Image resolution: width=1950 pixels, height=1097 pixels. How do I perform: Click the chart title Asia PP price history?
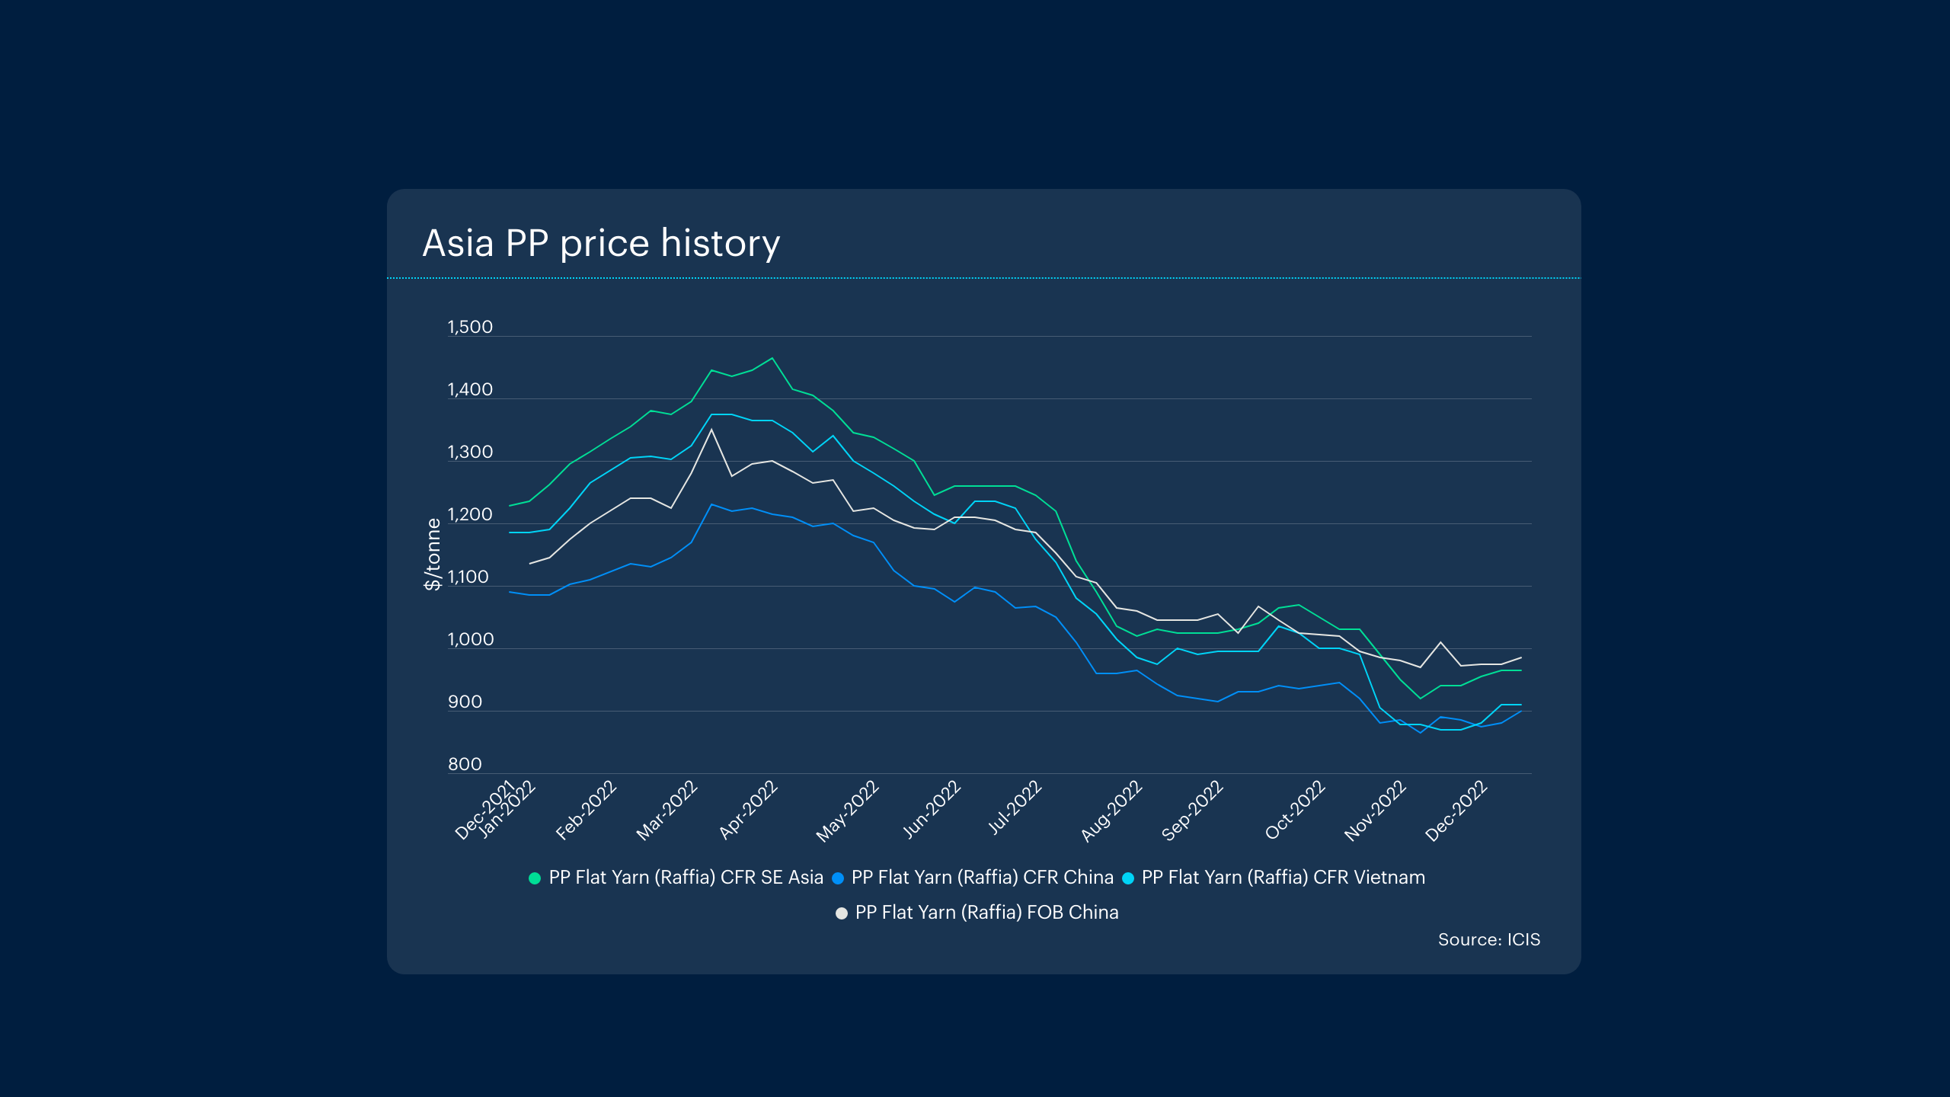point(601,244)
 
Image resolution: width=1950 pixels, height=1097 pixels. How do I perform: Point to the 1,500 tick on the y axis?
point(470,328)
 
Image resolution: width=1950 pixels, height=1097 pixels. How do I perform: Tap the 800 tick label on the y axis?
point(465,765)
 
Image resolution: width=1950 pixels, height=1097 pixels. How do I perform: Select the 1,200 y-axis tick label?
point(470,515)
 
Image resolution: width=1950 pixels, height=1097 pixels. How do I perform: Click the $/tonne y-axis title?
point(433,554)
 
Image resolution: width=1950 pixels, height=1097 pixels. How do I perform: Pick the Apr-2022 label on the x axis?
point(748,810)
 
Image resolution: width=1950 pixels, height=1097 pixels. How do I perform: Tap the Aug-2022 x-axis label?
point(1111,811)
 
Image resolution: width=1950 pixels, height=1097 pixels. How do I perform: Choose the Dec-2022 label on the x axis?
point(1456,811)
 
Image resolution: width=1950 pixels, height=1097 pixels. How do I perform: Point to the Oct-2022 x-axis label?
point(1295,811)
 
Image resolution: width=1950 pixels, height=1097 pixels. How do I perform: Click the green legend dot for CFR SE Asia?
point(535,878)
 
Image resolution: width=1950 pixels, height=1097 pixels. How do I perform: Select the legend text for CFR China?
point(982,878)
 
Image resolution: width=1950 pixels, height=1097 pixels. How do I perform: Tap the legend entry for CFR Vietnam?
point(1283,878)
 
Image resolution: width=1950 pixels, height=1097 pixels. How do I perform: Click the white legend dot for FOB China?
point(842,913)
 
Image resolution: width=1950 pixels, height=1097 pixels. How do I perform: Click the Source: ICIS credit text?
point(1488,940)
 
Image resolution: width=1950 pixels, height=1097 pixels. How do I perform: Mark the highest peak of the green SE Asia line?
point(772,358)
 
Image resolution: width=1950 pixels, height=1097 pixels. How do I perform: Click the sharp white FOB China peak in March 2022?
point(711,430)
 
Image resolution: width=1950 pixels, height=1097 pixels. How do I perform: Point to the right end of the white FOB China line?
point(1521,657)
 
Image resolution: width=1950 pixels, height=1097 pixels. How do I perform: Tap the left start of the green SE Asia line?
point(510,506)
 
